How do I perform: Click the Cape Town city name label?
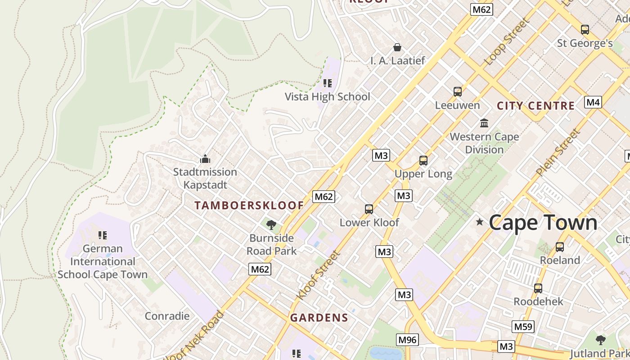[543, 222]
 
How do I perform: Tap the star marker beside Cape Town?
[480, 222]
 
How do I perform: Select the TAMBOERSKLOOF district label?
[249, 206]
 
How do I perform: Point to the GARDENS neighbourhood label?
[319, 318]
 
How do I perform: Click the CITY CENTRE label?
[535, 106]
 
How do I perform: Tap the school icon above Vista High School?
[328, 83]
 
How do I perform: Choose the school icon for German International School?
[103, 235]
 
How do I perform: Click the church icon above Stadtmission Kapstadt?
[205, 159]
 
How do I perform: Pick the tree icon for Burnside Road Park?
[271, 225]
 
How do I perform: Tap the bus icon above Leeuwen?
[457, 92]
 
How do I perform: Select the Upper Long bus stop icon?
[423, 161]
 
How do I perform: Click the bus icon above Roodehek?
[538, 288]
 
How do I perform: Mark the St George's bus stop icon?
[585, 30]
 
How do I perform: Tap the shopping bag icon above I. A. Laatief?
[397, 47]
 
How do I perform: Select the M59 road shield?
[523, 327]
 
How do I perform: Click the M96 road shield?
[407, 340]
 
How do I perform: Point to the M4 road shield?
[593, 102]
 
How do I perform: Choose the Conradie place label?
[167, 316]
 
